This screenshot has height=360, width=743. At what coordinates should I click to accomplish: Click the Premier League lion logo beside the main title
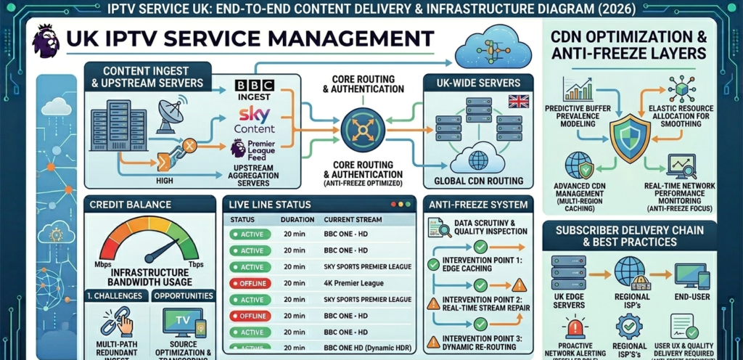46,41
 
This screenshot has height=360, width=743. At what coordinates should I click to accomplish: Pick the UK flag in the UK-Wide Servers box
518,101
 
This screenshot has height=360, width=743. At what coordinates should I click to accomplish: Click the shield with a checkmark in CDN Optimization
629,137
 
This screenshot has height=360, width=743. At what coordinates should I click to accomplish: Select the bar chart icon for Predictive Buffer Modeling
578,91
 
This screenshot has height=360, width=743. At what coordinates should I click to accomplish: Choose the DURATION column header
298,219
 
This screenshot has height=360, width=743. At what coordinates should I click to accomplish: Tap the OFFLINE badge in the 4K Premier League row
250,283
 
